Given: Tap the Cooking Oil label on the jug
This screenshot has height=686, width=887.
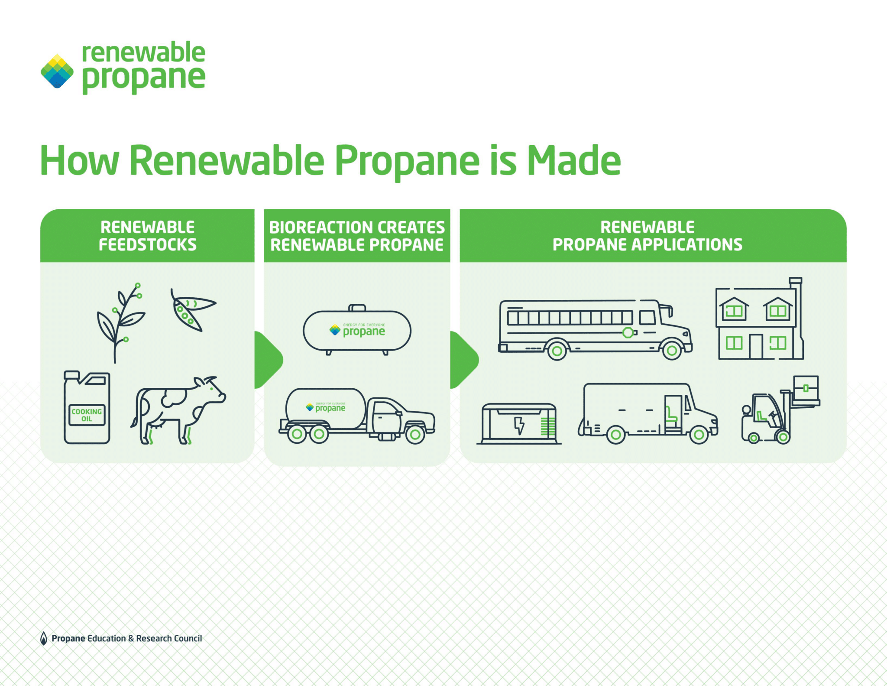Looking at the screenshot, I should (x=87, y=415).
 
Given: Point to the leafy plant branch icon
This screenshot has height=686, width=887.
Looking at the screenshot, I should (x=119, y=323).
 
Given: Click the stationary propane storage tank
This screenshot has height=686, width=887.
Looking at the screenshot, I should (x=357, y=331).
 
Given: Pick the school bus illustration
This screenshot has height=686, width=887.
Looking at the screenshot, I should (x=593, y=329).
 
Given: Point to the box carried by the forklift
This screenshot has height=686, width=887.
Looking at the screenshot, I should (x=806, y=388).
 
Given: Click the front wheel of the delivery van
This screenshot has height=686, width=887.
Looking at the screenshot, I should (x=699, y=435).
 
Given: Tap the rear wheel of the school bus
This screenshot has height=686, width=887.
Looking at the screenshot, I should (x=557, y=350).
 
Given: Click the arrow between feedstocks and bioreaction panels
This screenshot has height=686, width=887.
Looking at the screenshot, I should (x=268, y=360).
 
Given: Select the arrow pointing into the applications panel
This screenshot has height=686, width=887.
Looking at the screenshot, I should (x=463, y=360).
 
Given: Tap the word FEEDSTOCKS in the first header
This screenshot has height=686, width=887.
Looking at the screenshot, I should (x=147, y=245).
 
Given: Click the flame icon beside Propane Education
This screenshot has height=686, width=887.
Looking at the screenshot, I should (x=43, y=638).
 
